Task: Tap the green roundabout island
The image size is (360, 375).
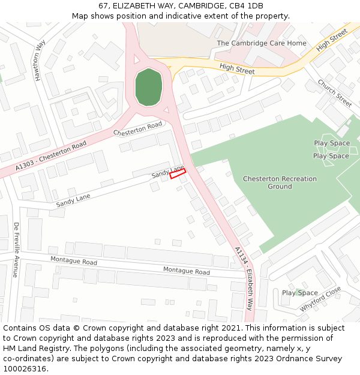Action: [x=149, y=88]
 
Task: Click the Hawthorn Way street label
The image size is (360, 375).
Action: [x=40, y=61]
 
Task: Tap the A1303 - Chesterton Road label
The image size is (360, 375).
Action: [x=52, y=154]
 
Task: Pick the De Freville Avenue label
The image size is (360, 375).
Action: [x=16, y=250]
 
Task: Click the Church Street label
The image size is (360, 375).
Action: [x=335, y=93]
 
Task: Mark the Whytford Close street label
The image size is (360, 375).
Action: [x=320, y=299]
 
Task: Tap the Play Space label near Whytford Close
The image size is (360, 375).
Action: [x=299, y=293]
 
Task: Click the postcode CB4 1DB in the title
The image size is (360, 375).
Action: [x=247, y=5]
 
